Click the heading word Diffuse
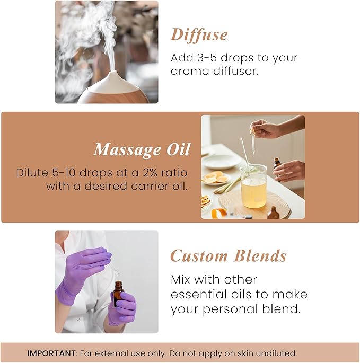pyautogui.click(x=199, y=35)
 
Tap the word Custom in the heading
pyautogui.click(x=199, y=256)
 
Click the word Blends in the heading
pyautogui.click(x=260, y=256)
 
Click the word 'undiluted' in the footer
pyautogui.click(x=278, y=353)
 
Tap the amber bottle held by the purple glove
pyautogui.click(x=118, y=294)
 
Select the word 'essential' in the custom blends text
pyautogui.click(x=198, y=294)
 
